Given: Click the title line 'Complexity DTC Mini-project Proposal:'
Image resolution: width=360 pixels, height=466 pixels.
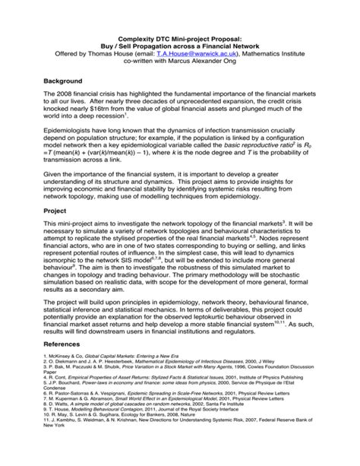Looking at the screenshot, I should click(180, 37).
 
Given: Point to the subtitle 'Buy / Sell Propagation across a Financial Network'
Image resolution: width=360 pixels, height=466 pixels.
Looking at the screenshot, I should click(180, 46).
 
